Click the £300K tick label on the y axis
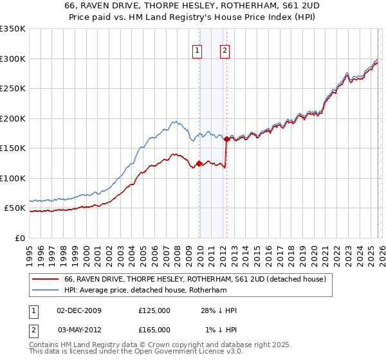click(13, 59)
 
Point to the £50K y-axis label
click(15, 208)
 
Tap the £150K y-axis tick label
click(13, 148)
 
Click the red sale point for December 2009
click(199, 163)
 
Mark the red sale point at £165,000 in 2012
click(226, 139)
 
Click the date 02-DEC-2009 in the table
click(79, 310)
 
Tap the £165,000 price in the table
click(154, 329)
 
